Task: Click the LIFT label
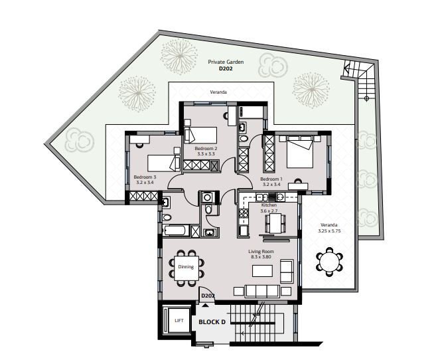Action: click(179, 321)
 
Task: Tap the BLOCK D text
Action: click(212, 322)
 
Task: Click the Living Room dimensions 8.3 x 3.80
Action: click(261, 257)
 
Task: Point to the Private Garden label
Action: click(226, 62)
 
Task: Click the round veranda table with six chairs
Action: click(329, 262)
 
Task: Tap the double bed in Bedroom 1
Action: click(300, 152)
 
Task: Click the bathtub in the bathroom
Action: click(175, 230)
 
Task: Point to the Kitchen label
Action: click(269, 205)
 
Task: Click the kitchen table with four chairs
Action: click(275, 223)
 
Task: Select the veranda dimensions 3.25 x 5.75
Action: click(329, 230)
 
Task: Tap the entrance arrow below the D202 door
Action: click(206, 305)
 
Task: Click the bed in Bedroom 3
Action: click(164, 163)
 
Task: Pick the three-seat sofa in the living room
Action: click(262, 291)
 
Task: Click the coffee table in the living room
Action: click(262, 271)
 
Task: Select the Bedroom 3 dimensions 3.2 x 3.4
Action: click(145, 182)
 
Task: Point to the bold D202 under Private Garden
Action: click(226, 68)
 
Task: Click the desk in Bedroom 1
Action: click(298, 186)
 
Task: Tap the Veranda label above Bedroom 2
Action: click(218, 92)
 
